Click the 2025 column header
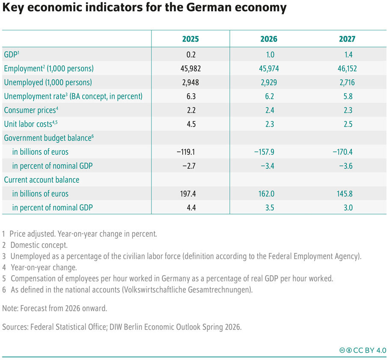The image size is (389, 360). tap(190, 39)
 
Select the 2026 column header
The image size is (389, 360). tap(269, 39)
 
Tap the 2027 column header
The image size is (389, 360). tap(347, 39)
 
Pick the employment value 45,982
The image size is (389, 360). tap(190, 68)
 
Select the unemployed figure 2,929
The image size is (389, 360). tap(269, 82)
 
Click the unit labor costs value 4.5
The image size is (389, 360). tap(190, 124)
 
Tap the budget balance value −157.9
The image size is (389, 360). tap(269, 152)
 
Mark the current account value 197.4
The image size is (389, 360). tap(190, 193)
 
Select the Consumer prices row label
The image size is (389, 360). tap(30, 110)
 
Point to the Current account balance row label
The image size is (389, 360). tap(42, 180)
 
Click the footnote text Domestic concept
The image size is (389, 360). tap(39, 245)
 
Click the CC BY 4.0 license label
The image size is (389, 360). tap(368, 350)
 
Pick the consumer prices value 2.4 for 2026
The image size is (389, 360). tap(269, 110)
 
